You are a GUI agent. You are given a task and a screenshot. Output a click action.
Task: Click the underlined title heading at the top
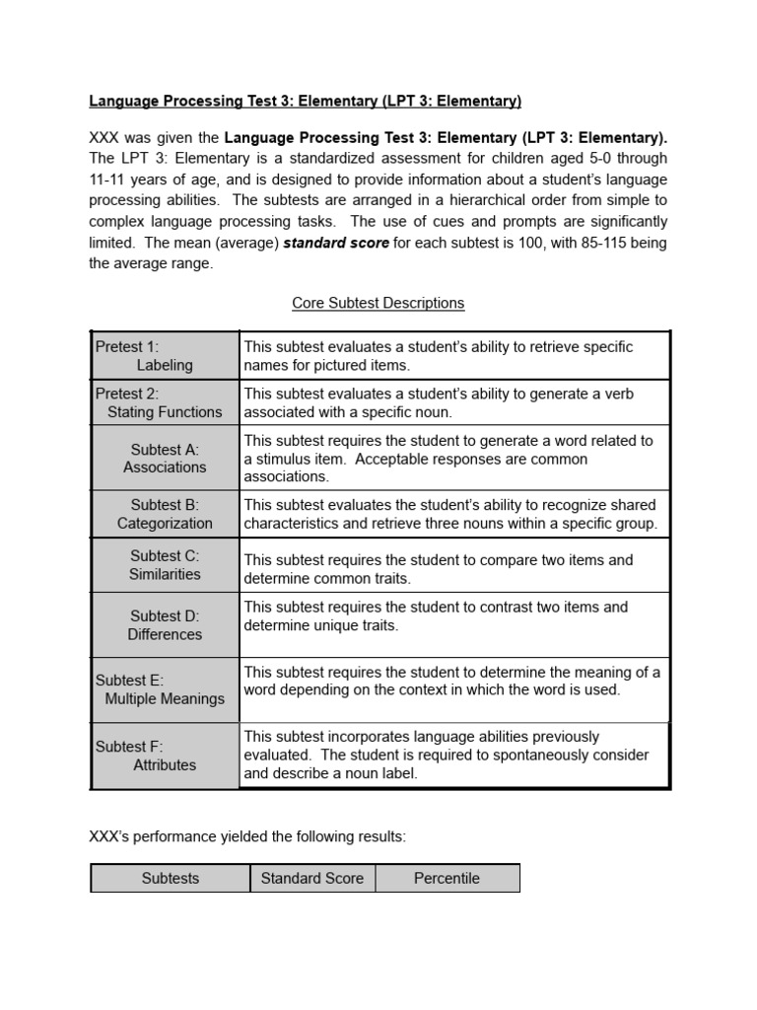click(305, 101)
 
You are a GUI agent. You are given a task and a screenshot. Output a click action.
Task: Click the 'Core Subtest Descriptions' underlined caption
click(378, 303)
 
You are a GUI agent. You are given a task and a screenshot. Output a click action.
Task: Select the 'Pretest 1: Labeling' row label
click(165, 356)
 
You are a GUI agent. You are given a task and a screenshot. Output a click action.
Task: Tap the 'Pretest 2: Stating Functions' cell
click(165, 402)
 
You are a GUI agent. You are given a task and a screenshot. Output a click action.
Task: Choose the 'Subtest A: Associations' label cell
click(165, 459)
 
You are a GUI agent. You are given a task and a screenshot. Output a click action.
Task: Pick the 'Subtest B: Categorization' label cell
click(165, 514)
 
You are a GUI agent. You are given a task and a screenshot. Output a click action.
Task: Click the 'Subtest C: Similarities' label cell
click(165, 564)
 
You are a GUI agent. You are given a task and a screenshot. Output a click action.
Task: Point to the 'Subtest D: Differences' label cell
click(165, 625)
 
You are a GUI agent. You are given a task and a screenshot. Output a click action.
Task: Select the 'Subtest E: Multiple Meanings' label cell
click(165, 689)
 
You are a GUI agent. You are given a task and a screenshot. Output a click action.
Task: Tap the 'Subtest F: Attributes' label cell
click(165, 756)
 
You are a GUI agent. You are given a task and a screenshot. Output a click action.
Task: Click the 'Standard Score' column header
click(311, 878)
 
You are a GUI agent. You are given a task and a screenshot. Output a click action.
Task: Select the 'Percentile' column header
click(447, 878)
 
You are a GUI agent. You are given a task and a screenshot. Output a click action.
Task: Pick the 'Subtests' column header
click(170, 878)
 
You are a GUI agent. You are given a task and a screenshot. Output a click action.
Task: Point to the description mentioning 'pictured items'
click(439, 356)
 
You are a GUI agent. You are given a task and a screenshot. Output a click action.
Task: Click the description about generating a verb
click(439, 402)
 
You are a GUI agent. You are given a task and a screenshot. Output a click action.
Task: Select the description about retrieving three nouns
click(450, 514)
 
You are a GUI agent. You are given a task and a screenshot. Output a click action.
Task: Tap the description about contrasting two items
click(436, 616)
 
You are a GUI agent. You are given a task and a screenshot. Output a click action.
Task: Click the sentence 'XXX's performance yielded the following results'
click(247, 836)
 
